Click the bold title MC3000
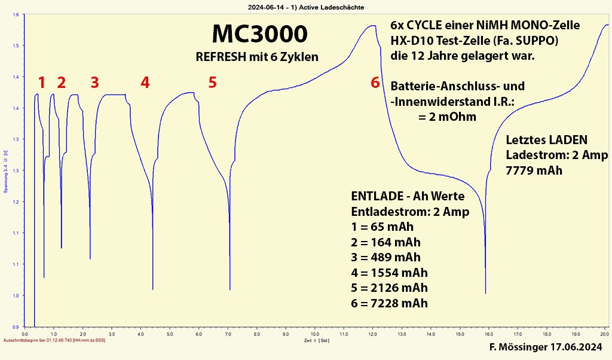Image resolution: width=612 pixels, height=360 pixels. tap(260, 35)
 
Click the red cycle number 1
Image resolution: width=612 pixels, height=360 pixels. tap(41, 83)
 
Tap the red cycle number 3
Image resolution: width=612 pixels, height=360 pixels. tap(94, 83)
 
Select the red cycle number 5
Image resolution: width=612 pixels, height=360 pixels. tap(212, 83)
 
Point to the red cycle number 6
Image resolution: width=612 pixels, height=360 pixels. tap(375, 83)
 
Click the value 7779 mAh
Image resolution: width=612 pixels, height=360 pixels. tap(534, 170)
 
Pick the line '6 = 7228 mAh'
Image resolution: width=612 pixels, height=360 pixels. tap(390, 303)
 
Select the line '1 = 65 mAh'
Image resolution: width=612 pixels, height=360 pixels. tap(382, 227)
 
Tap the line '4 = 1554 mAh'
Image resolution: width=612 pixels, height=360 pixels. tap(390, 273)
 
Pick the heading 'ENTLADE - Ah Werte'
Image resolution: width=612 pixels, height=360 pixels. tap(408, 196)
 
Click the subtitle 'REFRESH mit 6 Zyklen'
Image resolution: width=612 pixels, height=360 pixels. tap(257, 57)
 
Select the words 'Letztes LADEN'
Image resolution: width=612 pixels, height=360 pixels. tap(546, 140)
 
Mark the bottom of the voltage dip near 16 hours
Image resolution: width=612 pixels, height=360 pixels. tap(485, 293)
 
